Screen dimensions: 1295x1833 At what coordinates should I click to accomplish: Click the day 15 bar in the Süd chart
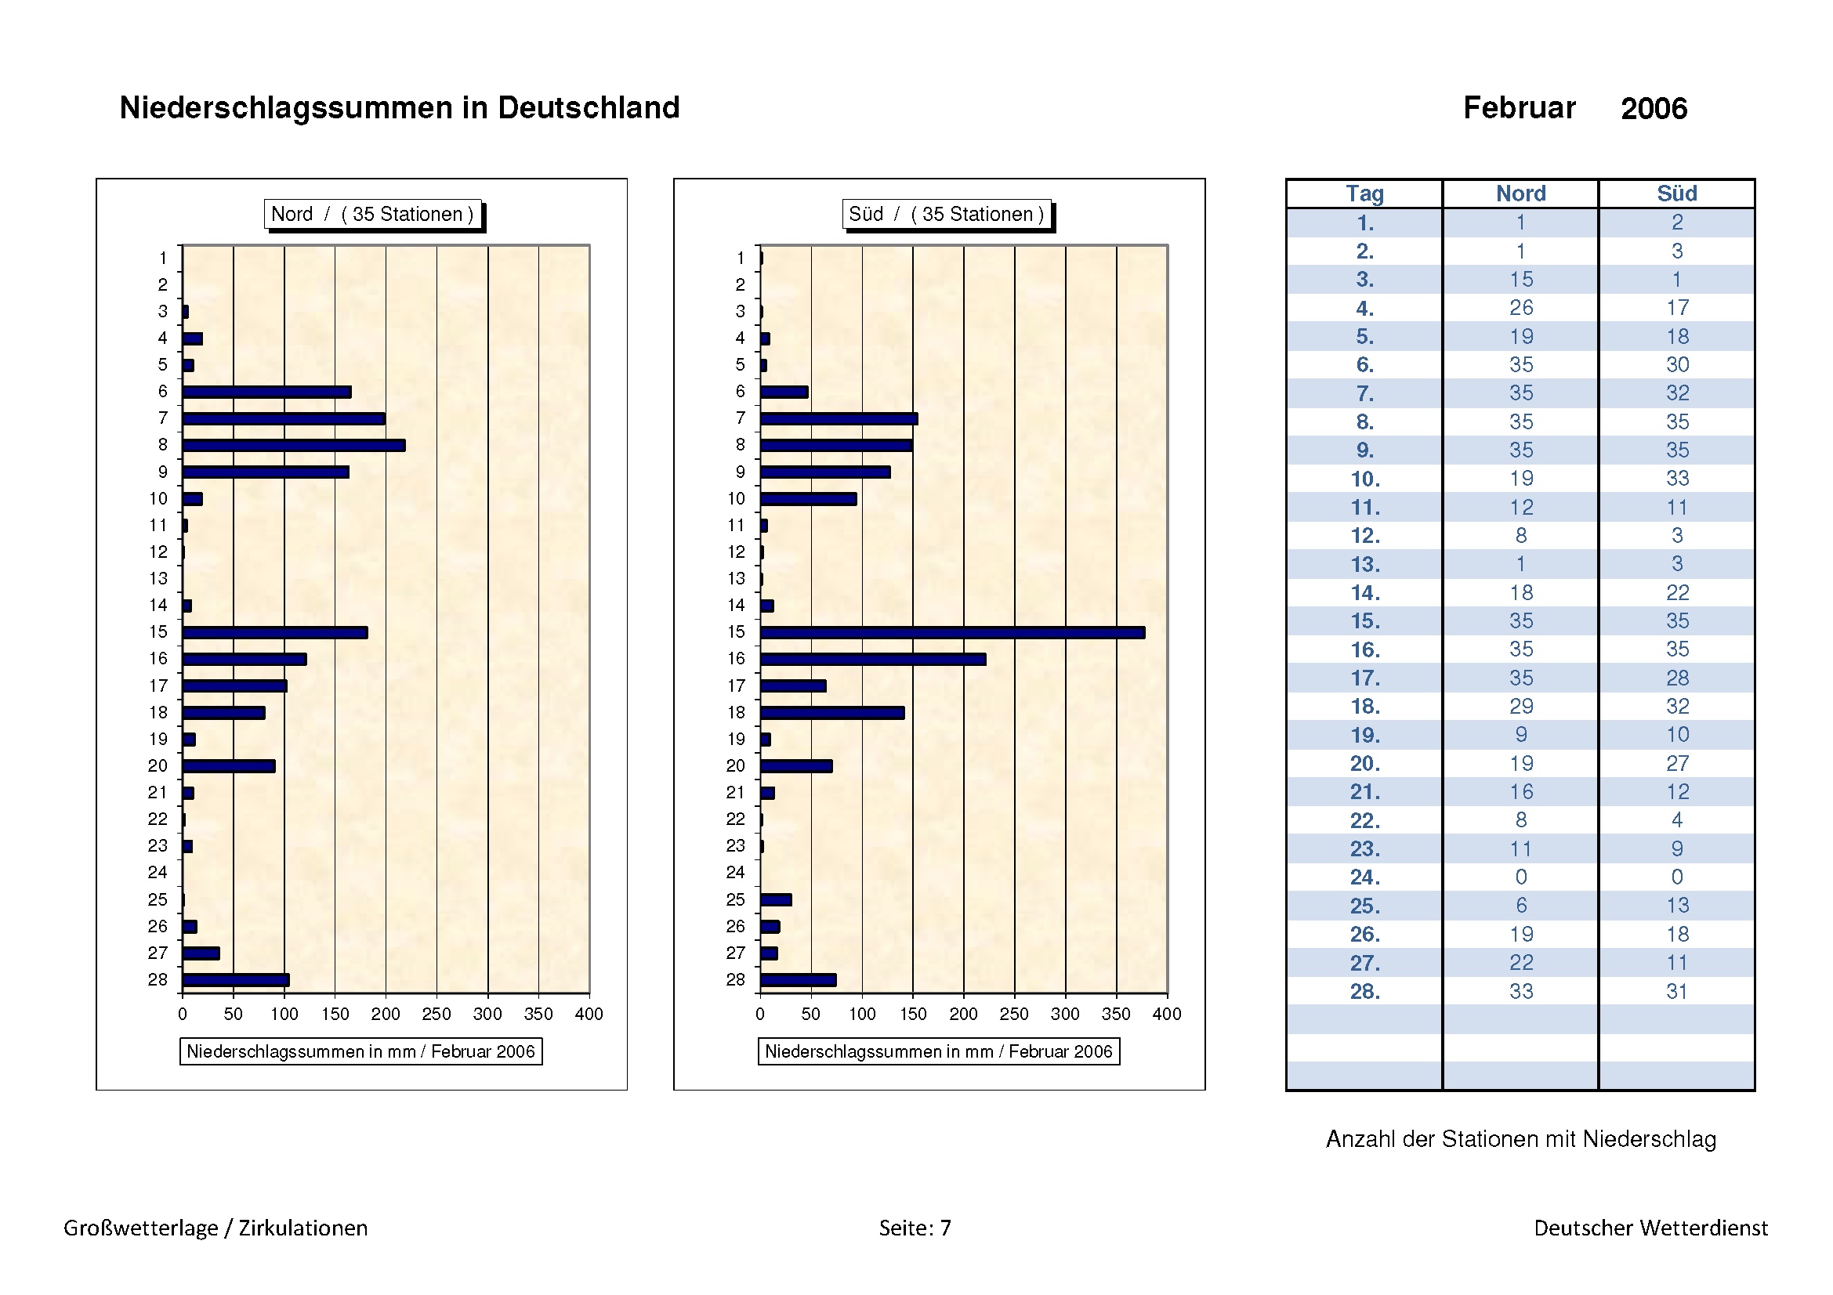(x=951, y=633)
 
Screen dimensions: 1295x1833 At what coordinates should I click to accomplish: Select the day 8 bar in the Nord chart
(x=294, y=445)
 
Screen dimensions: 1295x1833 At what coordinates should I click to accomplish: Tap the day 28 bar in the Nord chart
(x=236, y=980)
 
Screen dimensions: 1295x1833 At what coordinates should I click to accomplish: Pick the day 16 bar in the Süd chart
(x=872, y=659)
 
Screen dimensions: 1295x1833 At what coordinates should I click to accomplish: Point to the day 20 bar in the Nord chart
(x=228, y=766)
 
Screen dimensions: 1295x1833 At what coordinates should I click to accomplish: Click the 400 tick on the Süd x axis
(x=1166, y=1014)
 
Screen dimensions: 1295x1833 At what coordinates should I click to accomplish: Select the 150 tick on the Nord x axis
(x=335, y=1014)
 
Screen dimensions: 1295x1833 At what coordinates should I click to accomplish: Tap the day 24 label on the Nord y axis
(x=158, y=872)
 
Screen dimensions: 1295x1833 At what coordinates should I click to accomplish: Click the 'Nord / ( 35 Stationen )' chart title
(x=372, y=214)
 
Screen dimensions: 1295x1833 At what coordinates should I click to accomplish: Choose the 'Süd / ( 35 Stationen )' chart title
(x=946, y=214)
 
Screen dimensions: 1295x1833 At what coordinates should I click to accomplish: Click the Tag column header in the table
(x=1364, y=194)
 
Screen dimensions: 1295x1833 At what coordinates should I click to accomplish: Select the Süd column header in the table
(x=1676, y=194)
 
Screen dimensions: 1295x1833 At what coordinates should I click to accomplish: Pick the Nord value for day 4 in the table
(x=1521, y=308)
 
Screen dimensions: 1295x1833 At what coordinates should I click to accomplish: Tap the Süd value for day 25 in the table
(x=1676, y=906)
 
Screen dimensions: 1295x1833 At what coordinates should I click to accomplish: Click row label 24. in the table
(x=1364, y=877)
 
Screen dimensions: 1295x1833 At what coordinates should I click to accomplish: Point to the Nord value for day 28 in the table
(x=1521, y=991)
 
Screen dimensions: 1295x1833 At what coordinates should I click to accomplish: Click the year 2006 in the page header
(x=1654, y=109)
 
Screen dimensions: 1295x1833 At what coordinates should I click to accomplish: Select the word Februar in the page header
(x=1519, y=107)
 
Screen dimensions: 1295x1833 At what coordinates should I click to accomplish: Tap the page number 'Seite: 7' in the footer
(x=915, y=1228)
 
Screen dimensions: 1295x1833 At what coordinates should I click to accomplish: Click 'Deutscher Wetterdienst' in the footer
(x=1650, y=1228)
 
